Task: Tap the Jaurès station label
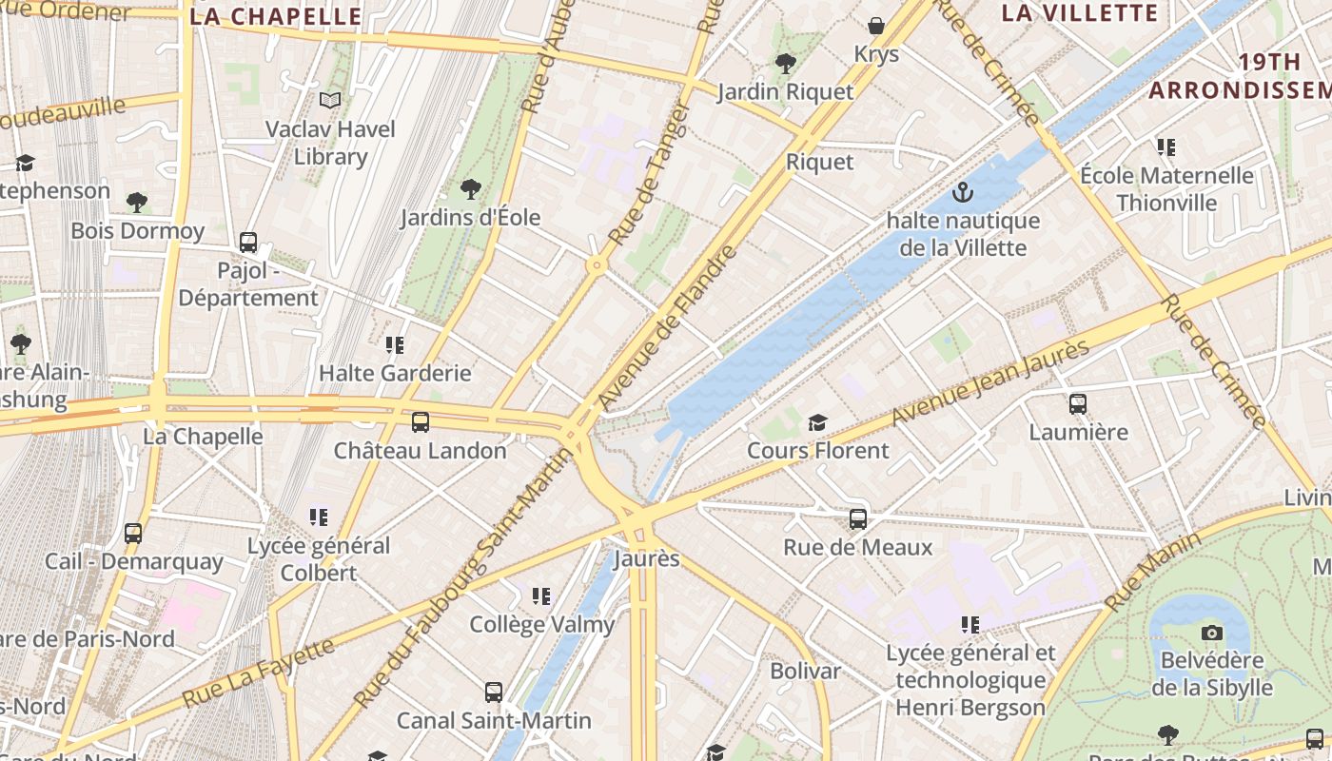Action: pos(647,558)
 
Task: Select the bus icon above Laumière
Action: pos(1077,404)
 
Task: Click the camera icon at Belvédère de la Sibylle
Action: pos(1211,633)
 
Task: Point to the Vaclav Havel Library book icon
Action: pos(330,101)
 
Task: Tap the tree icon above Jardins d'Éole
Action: pos(470,188)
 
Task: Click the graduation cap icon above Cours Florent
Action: pos(817,422)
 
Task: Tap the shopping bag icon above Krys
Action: pos(875,26)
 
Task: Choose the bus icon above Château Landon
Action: pos(420,422)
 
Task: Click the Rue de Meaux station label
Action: pos(857,547)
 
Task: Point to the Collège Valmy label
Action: pos(541,624)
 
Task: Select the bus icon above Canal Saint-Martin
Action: pos(493,693)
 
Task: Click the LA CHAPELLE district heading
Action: pos(276,16)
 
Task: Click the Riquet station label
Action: pos(819,162)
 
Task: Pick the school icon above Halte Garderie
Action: pos(395,344)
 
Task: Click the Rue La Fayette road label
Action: pos(258,673)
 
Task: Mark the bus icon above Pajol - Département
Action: pos(248,243)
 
